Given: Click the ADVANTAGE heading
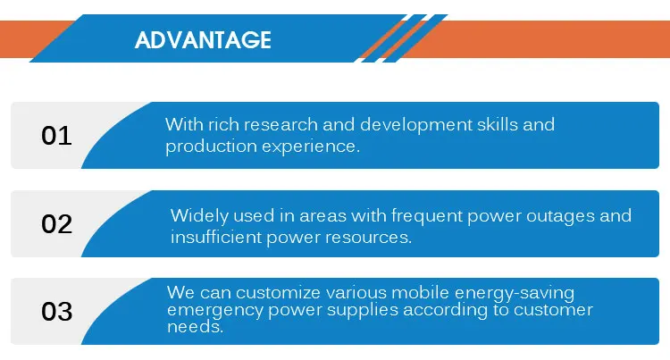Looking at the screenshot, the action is pos(203,40).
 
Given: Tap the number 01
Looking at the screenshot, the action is pos(56,136).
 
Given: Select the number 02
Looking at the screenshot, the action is pos(57,224).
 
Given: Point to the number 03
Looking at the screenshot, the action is pos(57,312).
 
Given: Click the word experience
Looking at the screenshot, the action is pos(311,147).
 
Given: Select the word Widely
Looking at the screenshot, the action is pos(199,216).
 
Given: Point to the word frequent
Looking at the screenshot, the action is pos(427,216).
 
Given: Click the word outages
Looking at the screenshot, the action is pos(560,216).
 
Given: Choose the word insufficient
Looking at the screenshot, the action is pos(216,237).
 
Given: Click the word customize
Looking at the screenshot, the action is pos(278,293).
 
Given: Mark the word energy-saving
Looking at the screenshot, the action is pos(515,294).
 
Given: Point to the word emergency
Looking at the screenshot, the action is pos(215,311).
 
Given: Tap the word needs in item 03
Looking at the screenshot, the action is pos(196,327).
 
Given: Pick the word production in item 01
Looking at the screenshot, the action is pos(211,147).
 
